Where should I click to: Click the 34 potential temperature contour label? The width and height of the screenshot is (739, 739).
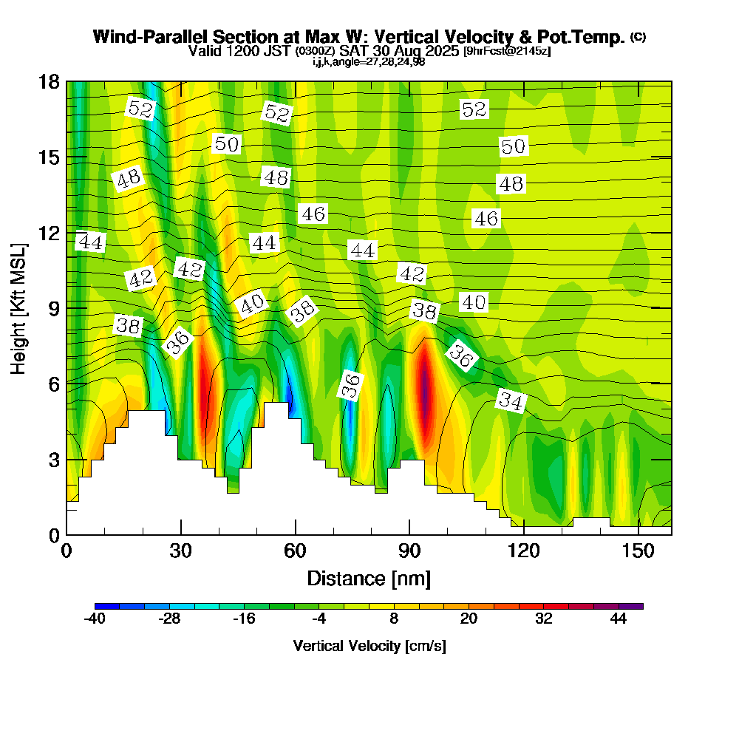[511, 401]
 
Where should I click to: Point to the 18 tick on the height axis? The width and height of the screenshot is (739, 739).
[67, 81]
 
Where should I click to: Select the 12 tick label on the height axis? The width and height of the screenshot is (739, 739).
[48, 232]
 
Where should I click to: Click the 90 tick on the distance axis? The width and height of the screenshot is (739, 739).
[409, 534]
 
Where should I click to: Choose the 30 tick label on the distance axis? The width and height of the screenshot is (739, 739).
[181, 551]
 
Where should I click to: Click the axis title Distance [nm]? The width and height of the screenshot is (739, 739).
[369, 578]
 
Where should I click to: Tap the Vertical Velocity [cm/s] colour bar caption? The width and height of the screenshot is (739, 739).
[369, 646]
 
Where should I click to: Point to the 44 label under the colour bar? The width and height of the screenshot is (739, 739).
[619, 619]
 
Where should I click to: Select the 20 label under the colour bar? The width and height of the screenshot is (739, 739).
[469, 619]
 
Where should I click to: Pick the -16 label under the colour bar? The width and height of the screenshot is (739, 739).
[244, 619]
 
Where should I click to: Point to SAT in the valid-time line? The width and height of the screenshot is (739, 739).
[355, 51]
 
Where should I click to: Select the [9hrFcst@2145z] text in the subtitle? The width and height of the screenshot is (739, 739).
[506, 52]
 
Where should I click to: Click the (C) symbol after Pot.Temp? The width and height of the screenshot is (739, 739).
[638, 36]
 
